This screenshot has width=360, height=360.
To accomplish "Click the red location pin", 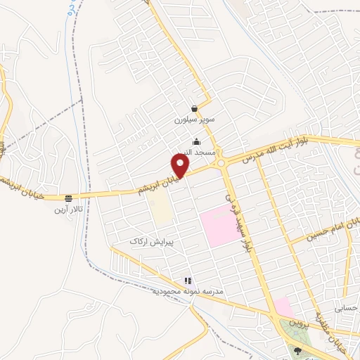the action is coord(181,166).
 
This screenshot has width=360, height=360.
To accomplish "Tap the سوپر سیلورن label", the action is coord(193,120).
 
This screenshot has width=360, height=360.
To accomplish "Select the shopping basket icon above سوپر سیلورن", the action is coord(194,109).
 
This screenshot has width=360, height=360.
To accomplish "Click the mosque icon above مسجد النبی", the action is coord(195,142).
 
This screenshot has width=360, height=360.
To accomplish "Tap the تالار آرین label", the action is coord(69,209).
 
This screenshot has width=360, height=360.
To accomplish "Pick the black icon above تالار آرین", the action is coord(69,198).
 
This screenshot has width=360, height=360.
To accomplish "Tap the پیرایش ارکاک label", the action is coord(151,241).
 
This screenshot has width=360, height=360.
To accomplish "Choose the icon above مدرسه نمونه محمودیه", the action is coord(187,281).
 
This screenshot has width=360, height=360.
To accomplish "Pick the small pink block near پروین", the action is coord(282,307).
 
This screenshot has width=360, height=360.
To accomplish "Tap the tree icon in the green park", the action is coord(298,350).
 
